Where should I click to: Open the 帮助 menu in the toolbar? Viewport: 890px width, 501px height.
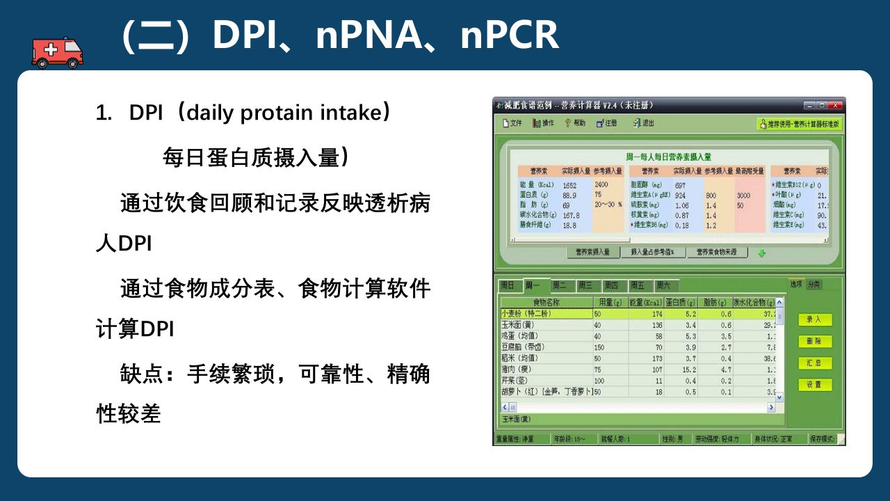(x=575, y=123)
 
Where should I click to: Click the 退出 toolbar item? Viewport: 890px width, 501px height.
(x=643, y=123)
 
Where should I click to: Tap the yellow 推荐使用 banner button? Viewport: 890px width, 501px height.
(x=799, y=124)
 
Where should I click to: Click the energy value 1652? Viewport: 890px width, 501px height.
(x=569, y=186)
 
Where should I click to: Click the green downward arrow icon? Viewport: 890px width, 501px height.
(x=761, y=253)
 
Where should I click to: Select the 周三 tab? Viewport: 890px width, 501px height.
(x=585, y=285)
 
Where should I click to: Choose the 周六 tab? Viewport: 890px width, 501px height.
(x=663, y=285)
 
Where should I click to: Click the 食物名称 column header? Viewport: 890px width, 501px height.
(x=546, y=303)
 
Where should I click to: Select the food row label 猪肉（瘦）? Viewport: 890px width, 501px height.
(x=517, y=369)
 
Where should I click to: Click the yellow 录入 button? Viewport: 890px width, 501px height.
(x=814, y=320)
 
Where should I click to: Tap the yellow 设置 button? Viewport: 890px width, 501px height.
(x=814, y=385)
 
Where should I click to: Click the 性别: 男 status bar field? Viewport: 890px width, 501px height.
(x=672, y=439)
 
